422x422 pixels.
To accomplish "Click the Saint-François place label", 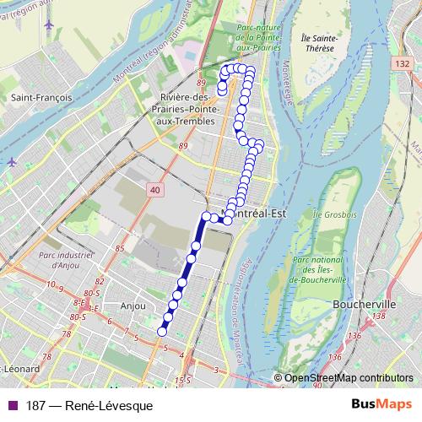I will [38, 98].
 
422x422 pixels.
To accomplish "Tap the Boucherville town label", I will [360, 301].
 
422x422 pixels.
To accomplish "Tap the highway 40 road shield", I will [154, 192].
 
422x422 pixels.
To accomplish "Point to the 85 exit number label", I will [120, 248].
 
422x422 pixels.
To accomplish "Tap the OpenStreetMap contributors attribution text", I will [349, 378].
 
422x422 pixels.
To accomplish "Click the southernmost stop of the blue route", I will [162, 332].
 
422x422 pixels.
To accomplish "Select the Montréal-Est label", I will [254, 213].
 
